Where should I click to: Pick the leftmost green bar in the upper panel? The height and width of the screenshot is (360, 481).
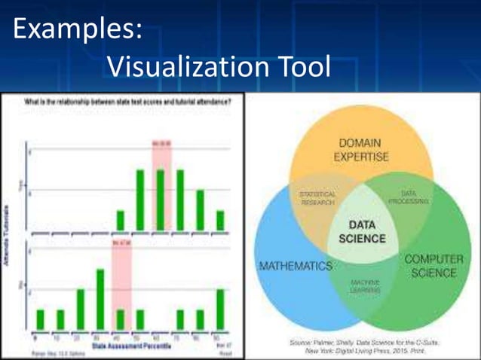click(121, 220)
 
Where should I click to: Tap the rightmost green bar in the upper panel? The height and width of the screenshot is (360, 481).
click(219, 220)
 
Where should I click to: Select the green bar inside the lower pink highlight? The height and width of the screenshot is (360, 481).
click(121, 319)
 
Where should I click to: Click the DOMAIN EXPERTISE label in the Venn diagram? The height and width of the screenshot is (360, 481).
click(360, 150)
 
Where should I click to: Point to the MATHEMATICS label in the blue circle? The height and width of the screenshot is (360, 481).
click(296, 266)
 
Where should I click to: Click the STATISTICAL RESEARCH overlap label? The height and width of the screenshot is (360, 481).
click(317, 198)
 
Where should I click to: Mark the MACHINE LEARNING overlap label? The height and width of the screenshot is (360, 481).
click(364, 287)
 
